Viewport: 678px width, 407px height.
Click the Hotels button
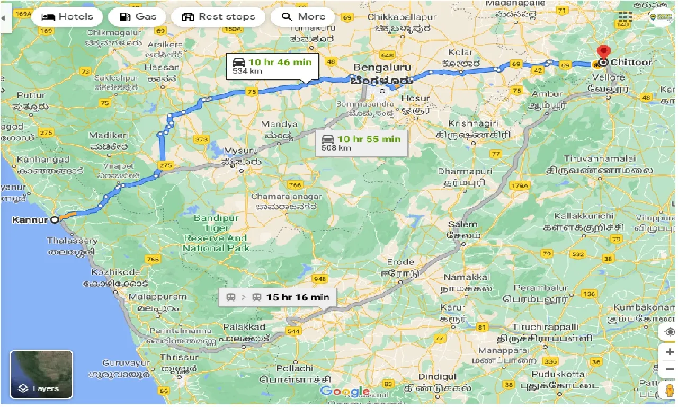click(x=67, y=16)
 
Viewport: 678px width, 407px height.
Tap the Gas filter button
click(x=139, y=16)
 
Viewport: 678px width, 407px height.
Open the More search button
click(x=303, y=16)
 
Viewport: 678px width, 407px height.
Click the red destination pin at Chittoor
click(x=603, y=54)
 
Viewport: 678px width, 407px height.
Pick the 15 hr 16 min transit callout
click(x=277, y=297)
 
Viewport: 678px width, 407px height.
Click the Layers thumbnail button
click(x=41, y=374)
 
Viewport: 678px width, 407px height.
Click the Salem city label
click(x=462, y=224)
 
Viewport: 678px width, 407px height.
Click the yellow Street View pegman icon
click(x=668, y=392)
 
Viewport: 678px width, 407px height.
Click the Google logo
click(x=345, y=392)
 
